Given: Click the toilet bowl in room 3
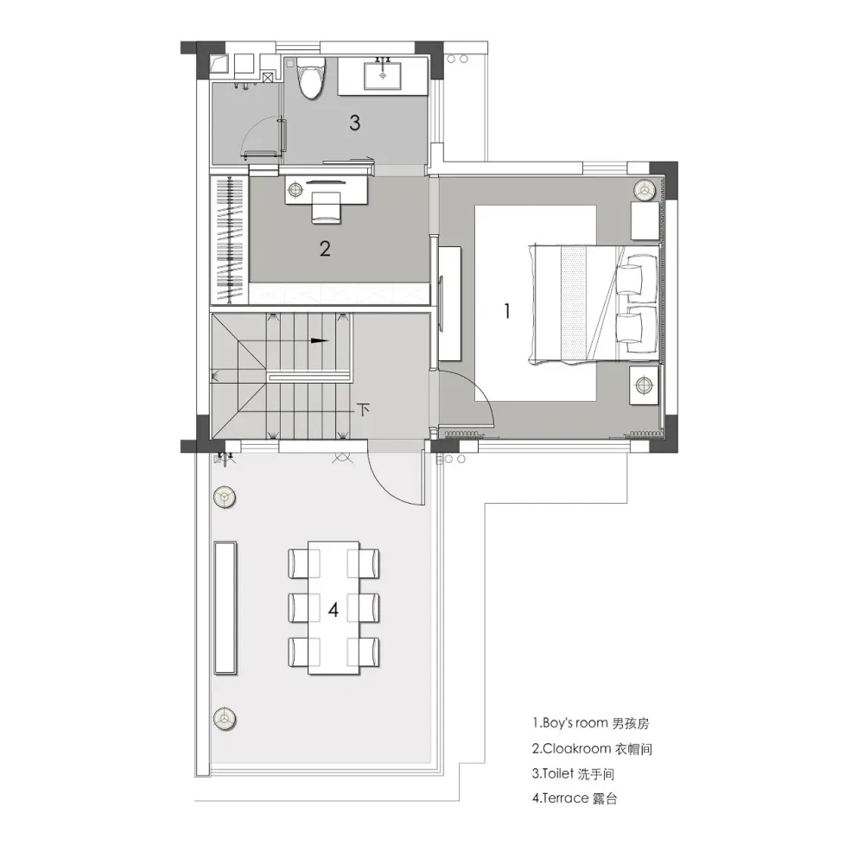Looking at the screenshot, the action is point(311,79).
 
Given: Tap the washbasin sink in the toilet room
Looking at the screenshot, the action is point(382,75).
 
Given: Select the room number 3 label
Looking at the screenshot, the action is point(355,123).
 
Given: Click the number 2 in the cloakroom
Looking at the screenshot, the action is point(325,249).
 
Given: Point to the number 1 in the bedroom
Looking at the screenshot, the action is point(507,311).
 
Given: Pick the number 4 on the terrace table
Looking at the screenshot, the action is point(334,610).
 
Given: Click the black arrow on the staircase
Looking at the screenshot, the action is point(320,340).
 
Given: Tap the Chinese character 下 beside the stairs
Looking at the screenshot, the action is point(363,410).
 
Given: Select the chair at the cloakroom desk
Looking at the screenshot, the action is point(326,207).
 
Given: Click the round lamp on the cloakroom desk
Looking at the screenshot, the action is point(295,190).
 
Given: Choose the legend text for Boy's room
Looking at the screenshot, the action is point(591,723).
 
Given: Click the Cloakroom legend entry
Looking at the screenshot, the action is point(592,749).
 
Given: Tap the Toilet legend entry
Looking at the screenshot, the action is point(573,773).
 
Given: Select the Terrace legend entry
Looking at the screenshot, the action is point(575,797).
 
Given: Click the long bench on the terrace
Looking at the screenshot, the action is point(226,607).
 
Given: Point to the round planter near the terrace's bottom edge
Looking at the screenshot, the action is point(225,719).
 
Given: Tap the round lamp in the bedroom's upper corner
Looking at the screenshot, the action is point(643,190).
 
